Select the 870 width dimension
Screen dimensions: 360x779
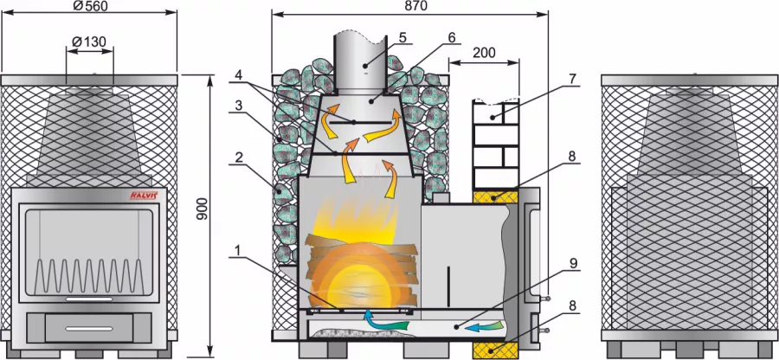pos(409,6)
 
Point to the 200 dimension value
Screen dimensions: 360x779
pos(485,53)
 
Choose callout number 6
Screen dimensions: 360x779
pos(451,38)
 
